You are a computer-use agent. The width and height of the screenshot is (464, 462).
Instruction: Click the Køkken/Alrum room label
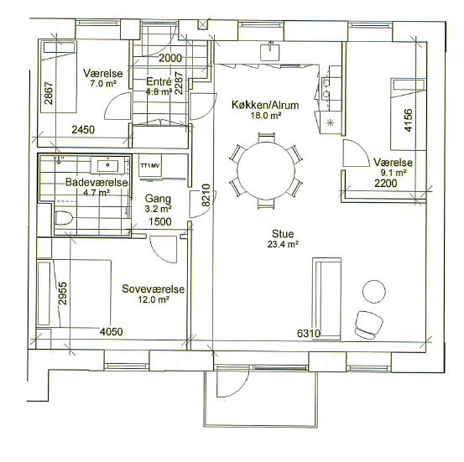coord(265,105)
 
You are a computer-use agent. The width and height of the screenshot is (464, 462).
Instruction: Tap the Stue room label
coord(283,234)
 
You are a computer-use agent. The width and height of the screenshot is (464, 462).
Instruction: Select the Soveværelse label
coord(154,288)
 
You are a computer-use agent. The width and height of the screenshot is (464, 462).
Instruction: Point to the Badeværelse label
coord(96,182)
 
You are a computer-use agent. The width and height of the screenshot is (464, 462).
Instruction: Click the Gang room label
coord(158,199)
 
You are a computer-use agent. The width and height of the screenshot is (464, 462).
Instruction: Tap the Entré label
coord(159,81)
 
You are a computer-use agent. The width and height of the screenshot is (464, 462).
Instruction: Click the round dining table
coord(266,171)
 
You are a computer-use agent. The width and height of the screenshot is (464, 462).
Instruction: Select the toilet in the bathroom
coord(64,218)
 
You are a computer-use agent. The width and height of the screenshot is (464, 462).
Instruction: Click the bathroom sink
coord(107,164)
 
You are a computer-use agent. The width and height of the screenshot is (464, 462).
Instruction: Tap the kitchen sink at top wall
coord(270,51)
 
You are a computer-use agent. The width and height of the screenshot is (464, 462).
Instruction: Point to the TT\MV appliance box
coord(150,166)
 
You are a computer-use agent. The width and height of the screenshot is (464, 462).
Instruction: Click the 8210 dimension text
coord(206,195)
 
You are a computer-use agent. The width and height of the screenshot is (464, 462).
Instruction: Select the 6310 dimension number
coord(309,334)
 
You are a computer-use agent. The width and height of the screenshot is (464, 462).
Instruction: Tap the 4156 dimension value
coord(408,121)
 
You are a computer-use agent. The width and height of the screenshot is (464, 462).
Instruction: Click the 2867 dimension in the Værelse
coord(49,93)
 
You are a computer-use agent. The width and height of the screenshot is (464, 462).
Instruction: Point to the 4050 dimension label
coord(111,331)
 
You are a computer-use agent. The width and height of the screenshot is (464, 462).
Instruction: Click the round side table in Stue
coord(374,291)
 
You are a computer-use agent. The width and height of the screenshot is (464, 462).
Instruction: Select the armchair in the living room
coord(368,324)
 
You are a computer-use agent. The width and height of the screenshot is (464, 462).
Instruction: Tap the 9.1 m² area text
coord(393,173)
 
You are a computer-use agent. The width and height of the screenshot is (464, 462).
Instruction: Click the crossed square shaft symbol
coord(203,24)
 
